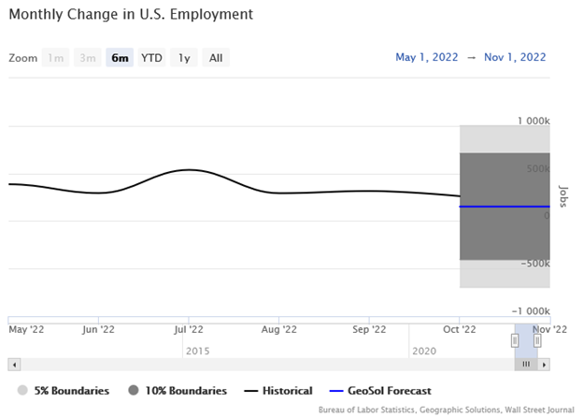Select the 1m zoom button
pos(56,58)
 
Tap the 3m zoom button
pos(88,58)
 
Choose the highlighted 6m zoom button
pos(120,58)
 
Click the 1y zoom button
pos(184,58)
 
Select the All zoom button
pos(216,58)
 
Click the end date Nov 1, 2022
pos(517,58)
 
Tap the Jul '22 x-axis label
pos(190,329)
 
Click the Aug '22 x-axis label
pos(279,329)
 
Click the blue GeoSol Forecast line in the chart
pos(505,207)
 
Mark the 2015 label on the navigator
pos(198,350)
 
